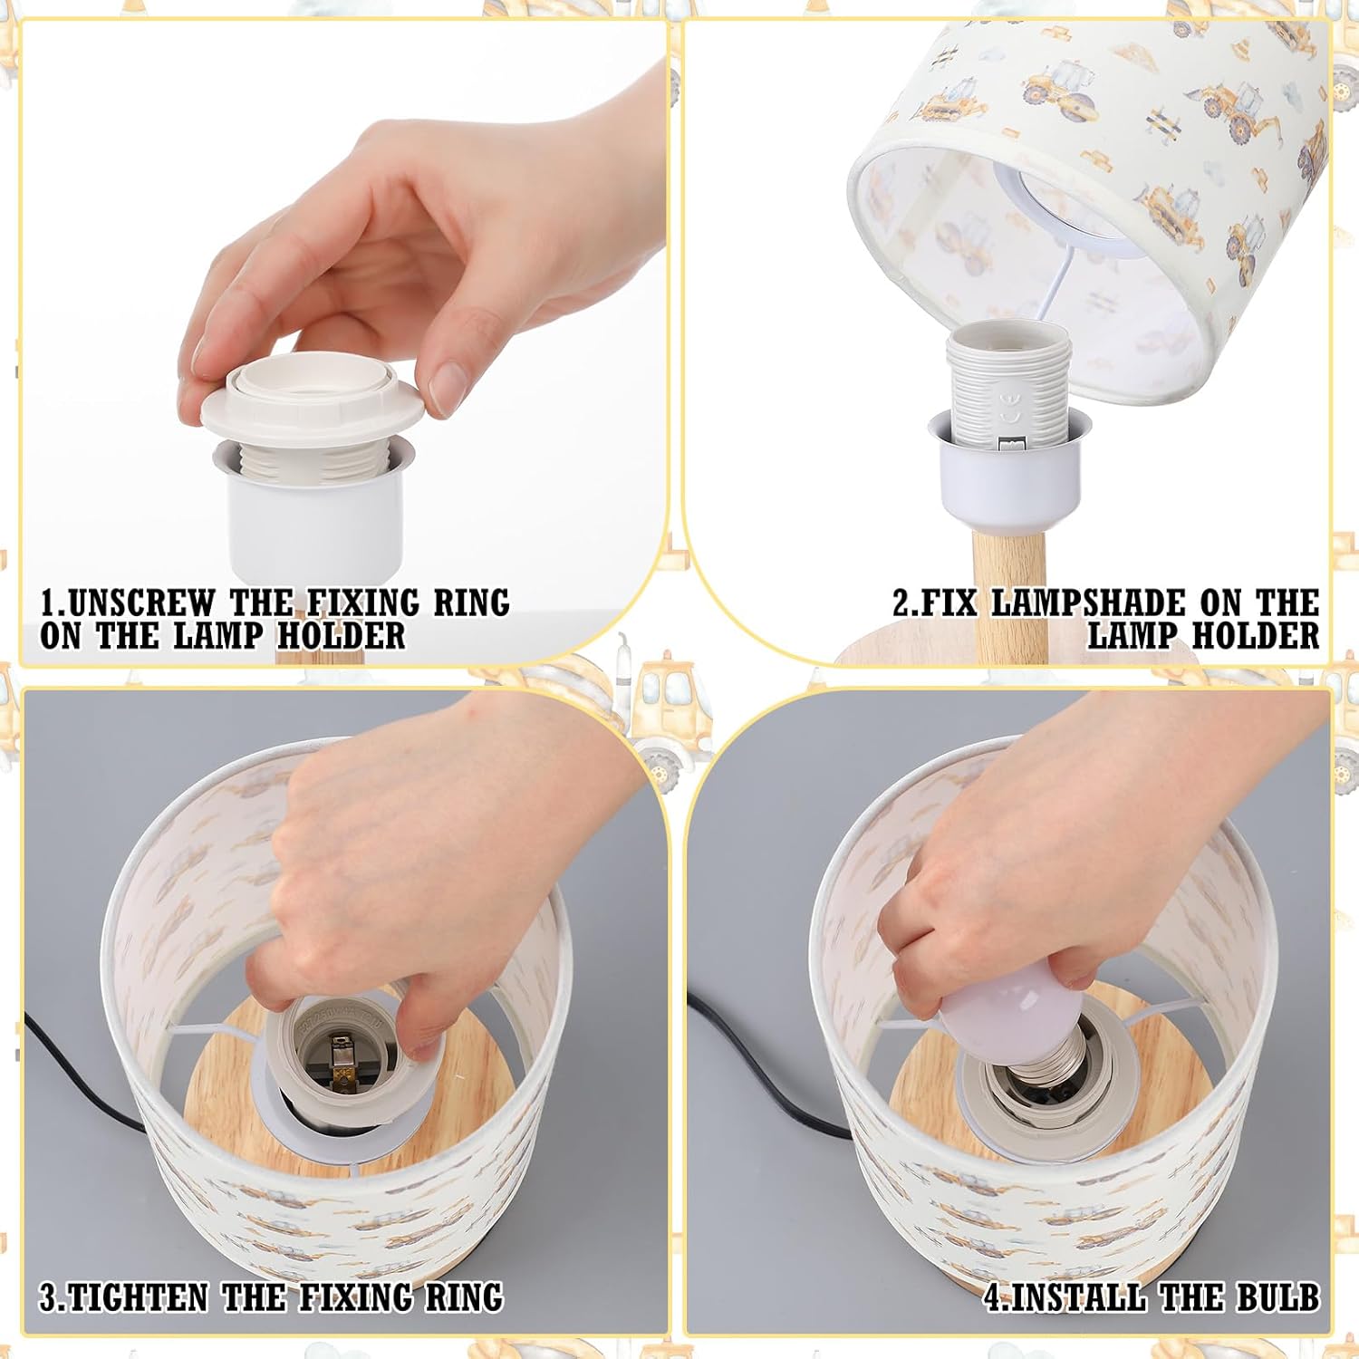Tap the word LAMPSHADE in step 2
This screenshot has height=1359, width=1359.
1088,602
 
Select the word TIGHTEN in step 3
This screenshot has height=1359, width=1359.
139,1297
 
